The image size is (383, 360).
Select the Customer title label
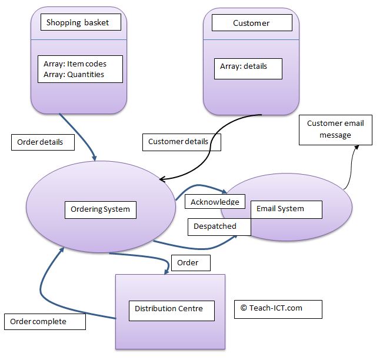[x=251, y=23]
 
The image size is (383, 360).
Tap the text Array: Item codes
[x=75, y=64]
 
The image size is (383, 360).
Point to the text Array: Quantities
[x=74, y=75]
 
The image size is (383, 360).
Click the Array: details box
[x=248, y=68]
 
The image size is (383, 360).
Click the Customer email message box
[x=335, y=129]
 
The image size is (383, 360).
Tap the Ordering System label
[x=101, y=209]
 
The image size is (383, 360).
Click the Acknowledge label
[x=215, y=202]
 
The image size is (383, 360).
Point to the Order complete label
[x=45, y=322]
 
